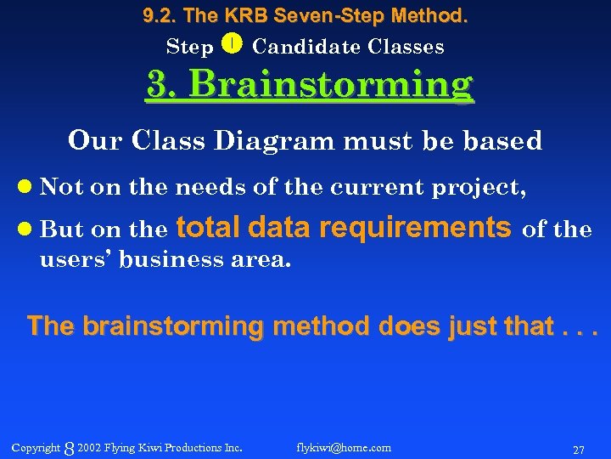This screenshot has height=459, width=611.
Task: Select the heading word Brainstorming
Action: tap(331, 85)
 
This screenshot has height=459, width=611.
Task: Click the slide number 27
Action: tap(578, 449)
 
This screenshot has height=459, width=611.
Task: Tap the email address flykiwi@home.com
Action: tap(344, 447)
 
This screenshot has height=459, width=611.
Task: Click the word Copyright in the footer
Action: tap(36, 447)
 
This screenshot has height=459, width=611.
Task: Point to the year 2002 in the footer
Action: tap(88, 447)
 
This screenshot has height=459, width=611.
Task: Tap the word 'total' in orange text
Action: tap(209, 227)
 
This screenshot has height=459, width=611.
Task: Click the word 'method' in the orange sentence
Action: tap(315, 326)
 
